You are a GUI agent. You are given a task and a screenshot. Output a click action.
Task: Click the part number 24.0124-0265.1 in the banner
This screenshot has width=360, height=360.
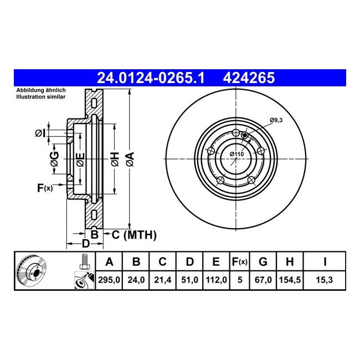[151, 78]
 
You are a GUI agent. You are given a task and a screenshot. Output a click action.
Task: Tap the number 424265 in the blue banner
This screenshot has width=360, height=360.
[249, 78]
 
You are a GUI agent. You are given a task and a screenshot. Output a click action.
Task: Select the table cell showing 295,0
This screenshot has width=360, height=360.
[109, 280]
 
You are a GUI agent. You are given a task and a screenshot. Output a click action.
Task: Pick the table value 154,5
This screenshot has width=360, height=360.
[290, 280]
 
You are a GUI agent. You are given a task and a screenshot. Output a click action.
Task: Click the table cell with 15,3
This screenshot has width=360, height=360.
[325, 280]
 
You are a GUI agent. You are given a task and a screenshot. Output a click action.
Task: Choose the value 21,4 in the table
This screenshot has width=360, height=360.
[162, 280]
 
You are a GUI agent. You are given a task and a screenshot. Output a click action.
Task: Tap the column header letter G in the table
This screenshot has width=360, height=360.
[263, 261]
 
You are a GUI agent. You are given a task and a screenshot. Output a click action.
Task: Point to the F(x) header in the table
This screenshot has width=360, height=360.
[240, 261]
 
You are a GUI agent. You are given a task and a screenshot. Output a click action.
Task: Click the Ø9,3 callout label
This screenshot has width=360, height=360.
[276, 120]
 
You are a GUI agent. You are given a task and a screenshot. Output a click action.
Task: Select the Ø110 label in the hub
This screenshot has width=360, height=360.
[236, 154]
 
